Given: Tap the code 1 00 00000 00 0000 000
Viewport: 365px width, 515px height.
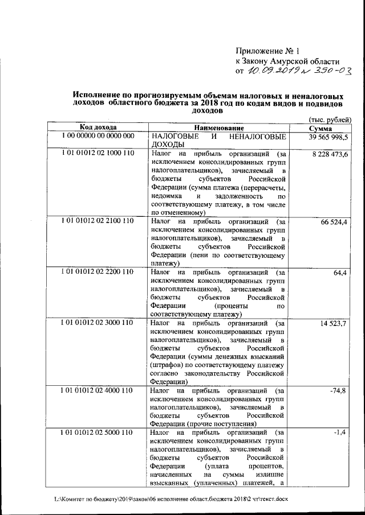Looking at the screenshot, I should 98,137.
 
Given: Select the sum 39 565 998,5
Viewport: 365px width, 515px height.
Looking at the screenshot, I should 329,137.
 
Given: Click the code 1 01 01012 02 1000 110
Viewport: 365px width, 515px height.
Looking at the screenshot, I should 98,154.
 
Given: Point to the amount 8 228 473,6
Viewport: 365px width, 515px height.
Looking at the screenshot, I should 331,154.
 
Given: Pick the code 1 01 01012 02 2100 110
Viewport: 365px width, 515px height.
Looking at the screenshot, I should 98,220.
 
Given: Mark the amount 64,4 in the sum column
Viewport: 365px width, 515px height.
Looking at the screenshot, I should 341,273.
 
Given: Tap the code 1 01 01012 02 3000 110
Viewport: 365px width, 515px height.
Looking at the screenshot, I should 98,322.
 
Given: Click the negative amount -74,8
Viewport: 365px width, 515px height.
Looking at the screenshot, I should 339,390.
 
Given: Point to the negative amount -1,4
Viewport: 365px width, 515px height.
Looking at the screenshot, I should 342,433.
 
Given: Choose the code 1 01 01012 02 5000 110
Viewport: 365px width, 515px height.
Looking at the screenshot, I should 98,432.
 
